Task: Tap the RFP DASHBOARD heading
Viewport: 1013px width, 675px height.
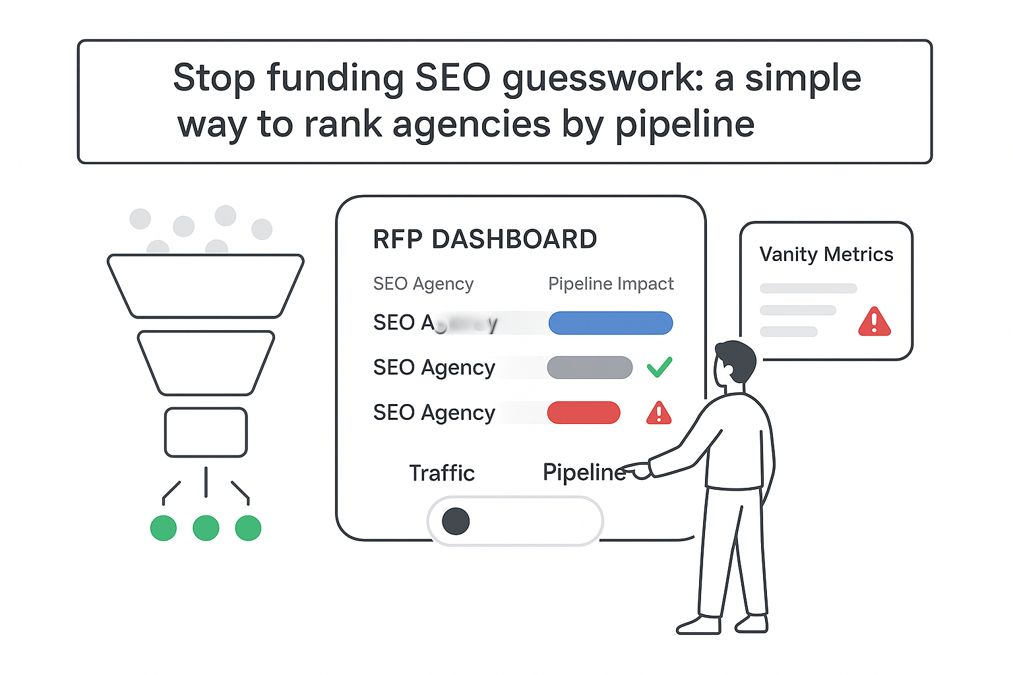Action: coord(485,239)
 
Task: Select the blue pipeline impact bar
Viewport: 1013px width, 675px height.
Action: coord(610,323)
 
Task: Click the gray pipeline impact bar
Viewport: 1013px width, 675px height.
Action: coord(589,368)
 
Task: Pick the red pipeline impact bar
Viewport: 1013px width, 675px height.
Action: coord(583,413)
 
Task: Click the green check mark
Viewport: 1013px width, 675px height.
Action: coord(659,367)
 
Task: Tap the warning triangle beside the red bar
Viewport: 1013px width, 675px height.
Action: coord(658,413)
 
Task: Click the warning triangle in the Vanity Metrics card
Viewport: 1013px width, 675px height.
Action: coord(874,322)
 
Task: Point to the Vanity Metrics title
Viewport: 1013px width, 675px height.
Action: coord(826,254)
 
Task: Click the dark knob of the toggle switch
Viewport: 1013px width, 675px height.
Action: coord(456,521)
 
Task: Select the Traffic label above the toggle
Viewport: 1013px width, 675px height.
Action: coord(441,473)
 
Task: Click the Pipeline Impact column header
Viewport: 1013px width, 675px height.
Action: coord(611,284)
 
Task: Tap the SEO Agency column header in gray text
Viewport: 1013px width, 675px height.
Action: coord(423,284)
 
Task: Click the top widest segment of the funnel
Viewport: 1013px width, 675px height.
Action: coord(206,285)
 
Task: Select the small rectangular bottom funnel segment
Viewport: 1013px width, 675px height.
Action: coord(206,432)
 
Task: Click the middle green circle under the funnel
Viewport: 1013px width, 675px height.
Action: coord(206,528)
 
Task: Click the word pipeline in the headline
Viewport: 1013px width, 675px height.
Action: coord(685,125)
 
